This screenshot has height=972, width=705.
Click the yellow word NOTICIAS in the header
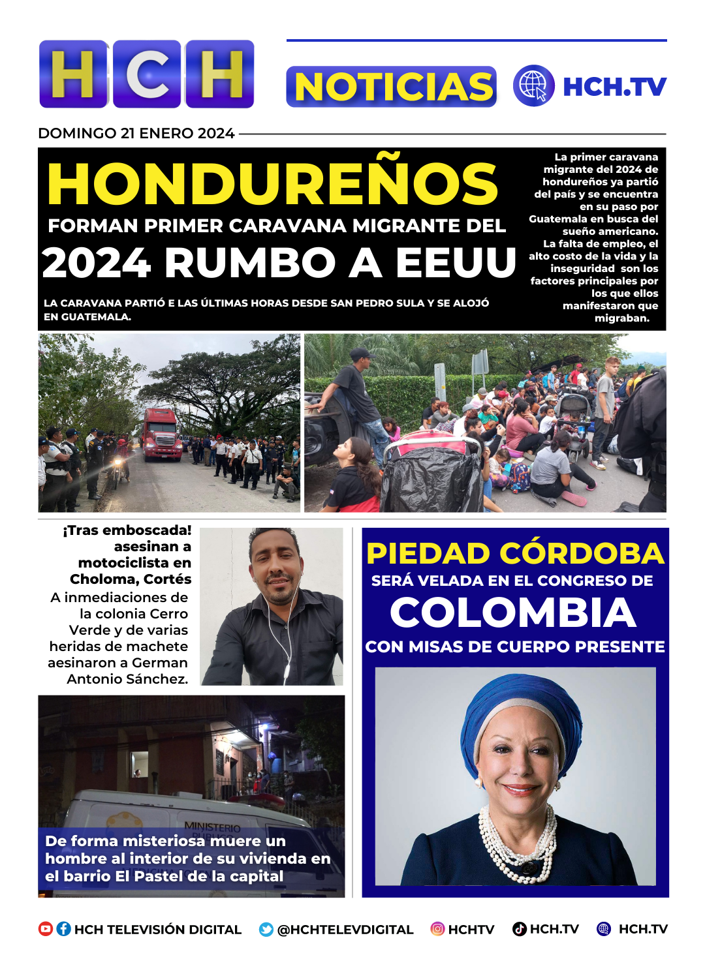[392, 87]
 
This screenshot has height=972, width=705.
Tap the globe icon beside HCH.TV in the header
[533, 86]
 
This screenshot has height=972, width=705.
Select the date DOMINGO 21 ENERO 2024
[136, 133]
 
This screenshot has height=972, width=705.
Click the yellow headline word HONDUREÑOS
[273, 184]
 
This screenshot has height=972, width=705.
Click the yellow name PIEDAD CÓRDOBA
[515, 553]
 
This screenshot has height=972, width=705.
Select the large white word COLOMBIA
[513, 613]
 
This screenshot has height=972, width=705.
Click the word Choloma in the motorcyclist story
[99, 579]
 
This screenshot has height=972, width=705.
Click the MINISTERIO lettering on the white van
[212, 827]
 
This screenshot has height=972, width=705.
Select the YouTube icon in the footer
[46, 929]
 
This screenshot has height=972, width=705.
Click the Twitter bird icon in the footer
[266, 930]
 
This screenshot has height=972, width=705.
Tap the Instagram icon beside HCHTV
[437, 929]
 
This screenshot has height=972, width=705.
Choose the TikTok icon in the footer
[520, 929]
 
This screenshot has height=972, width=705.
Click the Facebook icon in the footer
[64, 929]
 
